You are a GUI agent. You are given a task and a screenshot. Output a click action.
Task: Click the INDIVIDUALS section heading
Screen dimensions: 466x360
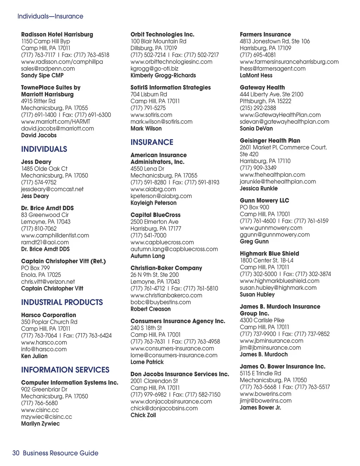click(x=44, y=149)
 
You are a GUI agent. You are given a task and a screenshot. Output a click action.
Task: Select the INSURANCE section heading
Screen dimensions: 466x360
click(x=152, y=142)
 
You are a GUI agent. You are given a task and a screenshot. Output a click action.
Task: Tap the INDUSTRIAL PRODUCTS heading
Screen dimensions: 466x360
click(x=62, y=302)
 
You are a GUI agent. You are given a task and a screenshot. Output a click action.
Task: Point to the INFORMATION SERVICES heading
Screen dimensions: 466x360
click(x=65, y=370)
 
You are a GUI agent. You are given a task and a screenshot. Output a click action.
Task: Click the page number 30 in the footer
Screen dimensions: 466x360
click(x=16, y=453)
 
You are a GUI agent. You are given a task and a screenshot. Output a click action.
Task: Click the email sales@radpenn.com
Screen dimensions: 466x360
click(x=48, y=69)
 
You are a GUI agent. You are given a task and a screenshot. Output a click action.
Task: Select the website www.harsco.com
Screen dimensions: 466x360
click(x=44, y=343)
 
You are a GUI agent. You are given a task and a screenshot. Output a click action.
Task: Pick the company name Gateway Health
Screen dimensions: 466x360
click(x=262, y=88)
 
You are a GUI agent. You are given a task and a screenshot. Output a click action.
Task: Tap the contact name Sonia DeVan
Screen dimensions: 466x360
click(x=256, y=129)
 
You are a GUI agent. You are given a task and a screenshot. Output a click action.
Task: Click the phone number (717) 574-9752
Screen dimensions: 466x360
click(x=39, y=182)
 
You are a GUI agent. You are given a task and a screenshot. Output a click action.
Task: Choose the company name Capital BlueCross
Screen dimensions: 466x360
click(x=155, y=215)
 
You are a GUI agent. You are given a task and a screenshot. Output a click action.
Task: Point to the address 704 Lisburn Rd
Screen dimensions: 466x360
click(x=149, y=94)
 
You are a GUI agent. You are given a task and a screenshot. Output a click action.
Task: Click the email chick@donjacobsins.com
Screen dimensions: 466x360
click(x=164, y=408)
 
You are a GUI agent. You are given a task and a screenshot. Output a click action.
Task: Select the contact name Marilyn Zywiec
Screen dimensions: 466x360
click(x=40, y=424)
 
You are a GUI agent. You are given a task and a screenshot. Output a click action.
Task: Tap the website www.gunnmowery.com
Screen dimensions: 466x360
click(x=271, y=228)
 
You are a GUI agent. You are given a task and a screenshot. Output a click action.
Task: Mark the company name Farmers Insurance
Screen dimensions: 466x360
click(x=265, y=34)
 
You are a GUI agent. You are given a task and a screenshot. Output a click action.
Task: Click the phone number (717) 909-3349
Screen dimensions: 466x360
click(x=258, y=168)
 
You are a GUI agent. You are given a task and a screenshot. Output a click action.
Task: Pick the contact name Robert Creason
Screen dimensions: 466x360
click(x=150, y=309)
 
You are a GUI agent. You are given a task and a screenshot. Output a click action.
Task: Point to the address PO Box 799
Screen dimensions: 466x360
click(x=36, y=268)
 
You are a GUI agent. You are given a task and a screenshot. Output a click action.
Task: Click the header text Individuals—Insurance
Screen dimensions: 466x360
click(x=50, y=16)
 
